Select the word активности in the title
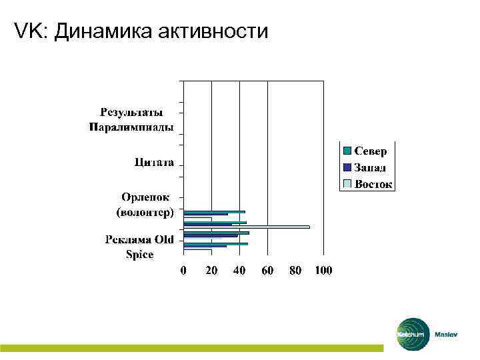pyautogui.click(x=215, y=31)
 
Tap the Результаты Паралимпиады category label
pyautogui.click(x=131, y=119)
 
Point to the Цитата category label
pyautogui.click(x=154, y=162)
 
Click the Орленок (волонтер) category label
pyautogui.click(x=145, y=205)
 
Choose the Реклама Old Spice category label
pyautogui.click(x=139, y=247)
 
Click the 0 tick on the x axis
pyautogui.click(x=183, y=271)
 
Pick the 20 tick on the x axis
pyautogui.click(x=211, y=271)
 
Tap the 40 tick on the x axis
pyautogui.click(x=239, y=271)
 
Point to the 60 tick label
pyautogui.click(x=267, y=271)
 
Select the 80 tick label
pyautogui.click(x=295, y=271)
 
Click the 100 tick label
pyautogui.click(x=323, y=271)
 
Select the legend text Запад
pyautogui.click(x=370, y=167)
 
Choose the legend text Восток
pyautogui.click(x=373, y=183)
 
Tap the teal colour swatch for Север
pyautogui.click(x=347, y=151)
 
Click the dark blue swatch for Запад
pyautogui.click(x=347, y=167)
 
